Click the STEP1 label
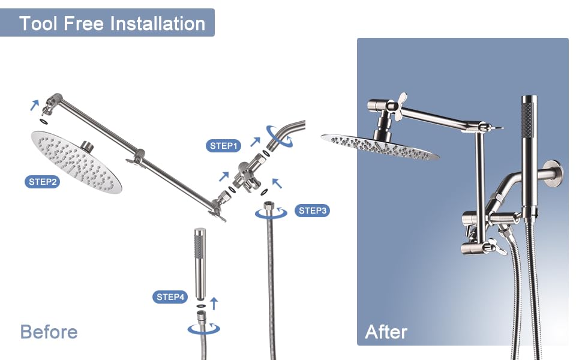[224, 145]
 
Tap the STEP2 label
[42, 181]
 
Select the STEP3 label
[312, 211]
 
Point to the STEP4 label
[170, 296]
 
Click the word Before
[49, 332]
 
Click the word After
[386, 332]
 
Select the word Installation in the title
[157, 23]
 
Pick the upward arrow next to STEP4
[212, 302]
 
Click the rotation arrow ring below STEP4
[203, 328]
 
